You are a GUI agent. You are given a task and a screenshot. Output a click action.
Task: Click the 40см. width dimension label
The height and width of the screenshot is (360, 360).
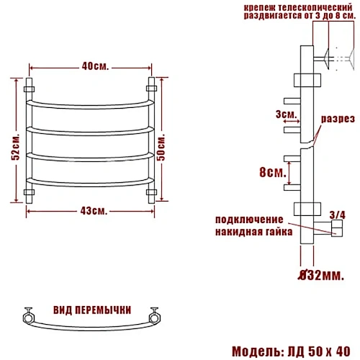pos(91,67)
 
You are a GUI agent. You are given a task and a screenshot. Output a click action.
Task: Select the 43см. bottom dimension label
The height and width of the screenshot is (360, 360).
pos(91,212)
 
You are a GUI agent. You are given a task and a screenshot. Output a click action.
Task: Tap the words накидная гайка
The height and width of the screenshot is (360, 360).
pos(253,232)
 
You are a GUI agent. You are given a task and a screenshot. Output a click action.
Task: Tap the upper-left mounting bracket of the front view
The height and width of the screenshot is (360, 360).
pos(30,88)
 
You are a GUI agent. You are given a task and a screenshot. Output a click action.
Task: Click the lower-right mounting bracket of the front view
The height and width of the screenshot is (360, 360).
pos(151,192)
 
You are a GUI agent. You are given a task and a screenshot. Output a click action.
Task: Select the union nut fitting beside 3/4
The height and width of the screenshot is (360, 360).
pos(336,228)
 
